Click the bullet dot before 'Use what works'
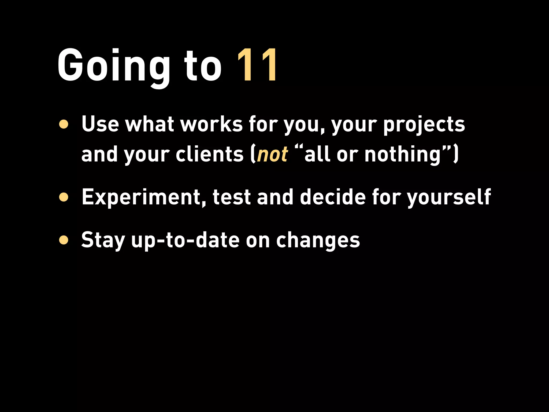64,124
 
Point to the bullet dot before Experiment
64,197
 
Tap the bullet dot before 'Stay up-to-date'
64,240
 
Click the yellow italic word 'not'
272,155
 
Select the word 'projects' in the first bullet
424,125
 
